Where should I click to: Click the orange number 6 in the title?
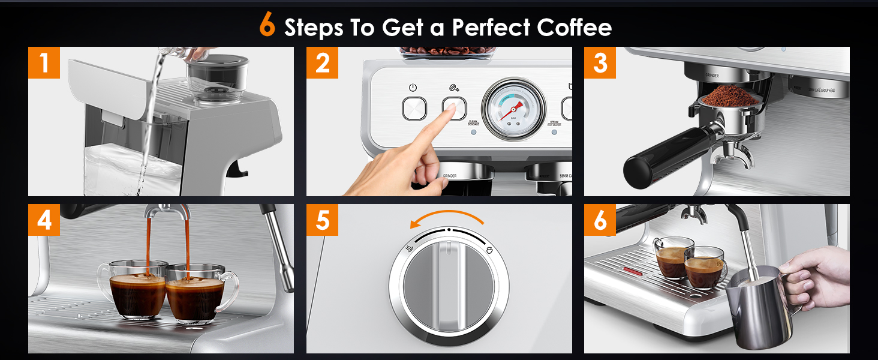pyautogui.click(x=267, y=26)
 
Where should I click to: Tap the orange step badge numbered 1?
pyautogui.click(x=44, y=62)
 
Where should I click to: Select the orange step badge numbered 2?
pyautogui.click(x=322, y=62)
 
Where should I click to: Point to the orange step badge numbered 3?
pyautogui.click(x=600, y=62)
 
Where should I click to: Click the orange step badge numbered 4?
pyautogui.click(x=44, y=220)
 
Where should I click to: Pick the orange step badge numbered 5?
pyautogui.click(x=322, y=220)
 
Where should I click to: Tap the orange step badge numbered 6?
pyautogui.click(x=600, y=220)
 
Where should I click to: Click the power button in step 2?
pyautogui.click(x=413, y=109)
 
